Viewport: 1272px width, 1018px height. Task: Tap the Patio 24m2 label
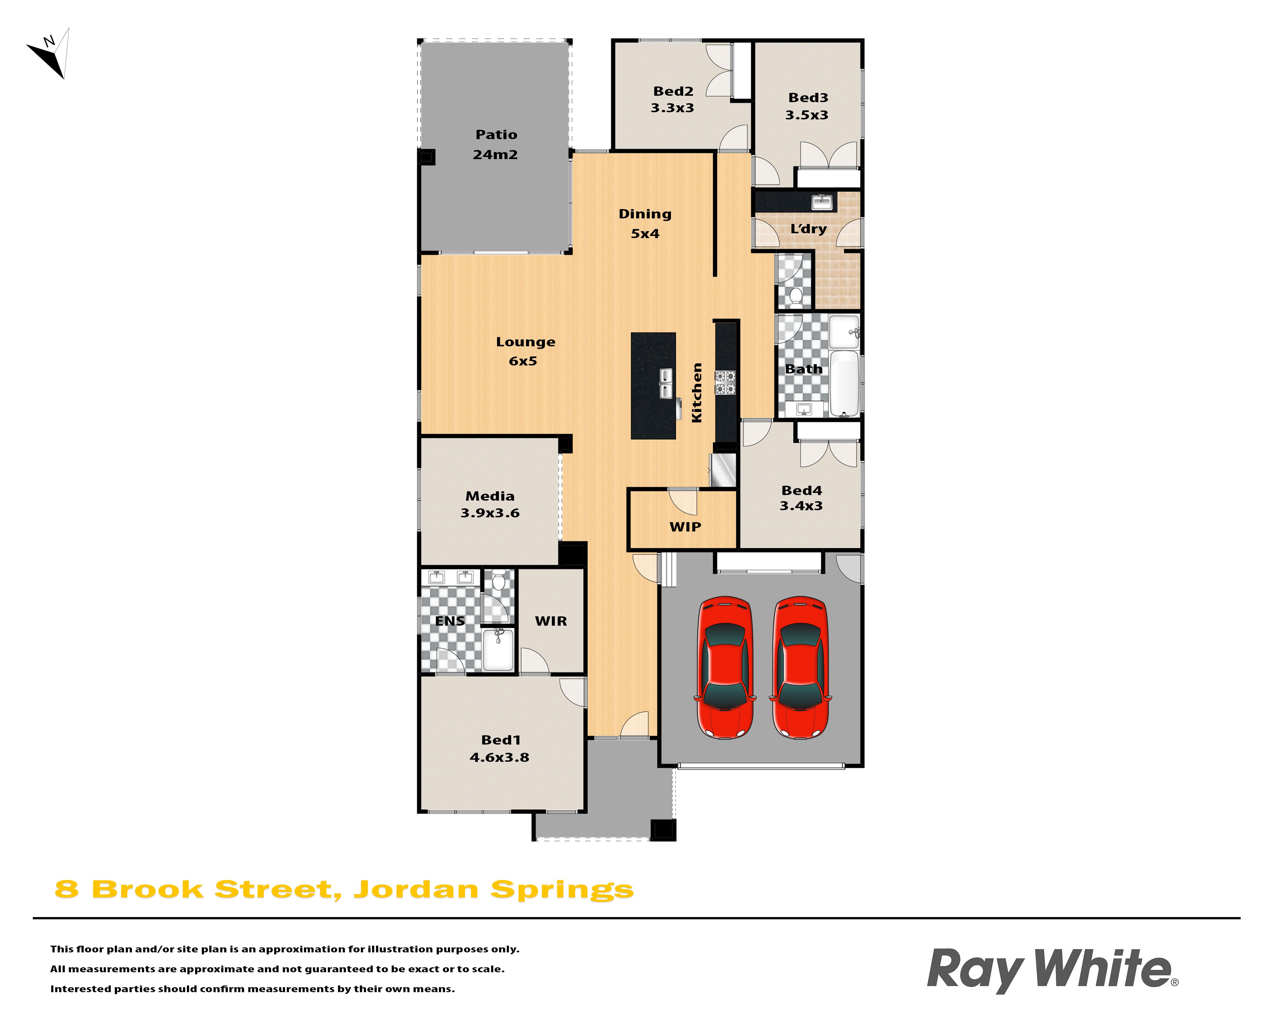pos(496,145)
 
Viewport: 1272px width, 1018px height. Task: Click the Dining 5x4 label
pos(645,224)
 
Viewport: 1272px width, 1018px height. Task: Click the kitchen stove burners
pos(726,383)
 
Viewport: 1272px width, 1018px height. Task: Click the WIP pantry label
pos(685,527)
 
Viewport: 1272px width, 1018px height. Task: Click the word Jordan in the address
pos(416,890)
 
